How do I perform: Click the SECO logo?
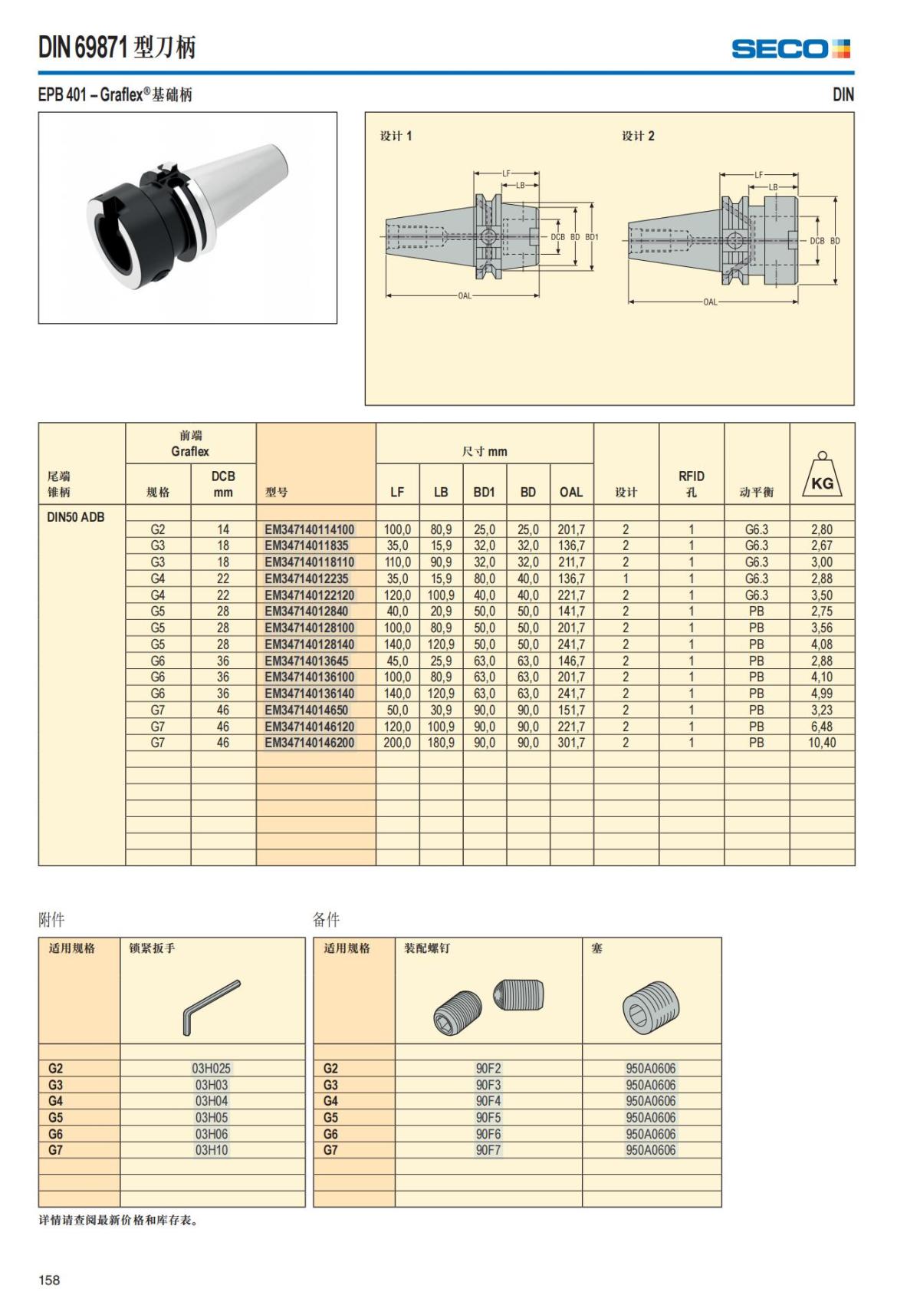pos(790,49)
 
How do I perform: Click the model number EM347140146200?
pos(310,743)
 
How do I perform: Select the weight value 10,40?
pos(822,743)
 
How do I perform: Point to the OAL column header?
pos(571,493)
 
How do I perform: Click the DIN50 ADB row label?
pos(76,517)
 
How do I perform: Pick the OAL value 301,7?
pos(571,743)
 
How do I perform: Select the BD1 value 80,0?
pos(484,578)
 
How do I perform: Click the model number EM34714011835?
pos(307,546)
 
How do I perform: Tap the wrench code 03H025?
pos(212,1068)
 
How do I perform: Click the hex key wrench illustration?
pos(212,1007)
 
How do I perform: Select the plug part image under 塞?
pos(651,1007)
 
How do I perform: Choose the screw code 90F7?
pos(488,1150)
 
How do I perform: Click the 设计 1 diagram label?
pos(396,136)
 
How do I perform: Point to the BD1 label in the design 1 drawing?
pos(592,237)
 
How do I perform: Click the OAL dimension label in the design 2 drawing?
pos(711,302)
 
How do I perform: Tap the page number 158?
pos(49,1280)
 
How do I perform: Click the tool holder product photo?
pos(188,217)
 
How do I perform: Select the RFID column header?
pos(691,483)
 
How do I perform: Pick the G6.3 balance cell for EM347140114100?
pos(756,529)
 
